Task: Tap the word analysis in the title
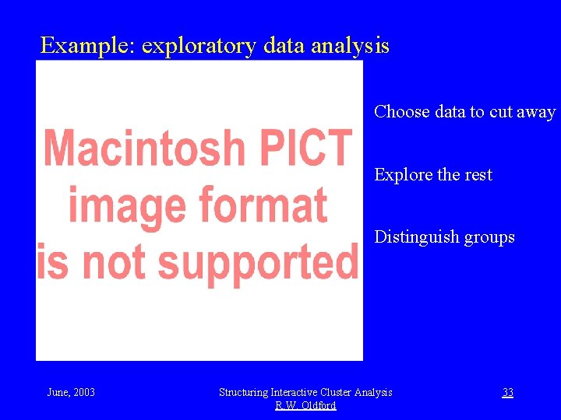pos(350,47)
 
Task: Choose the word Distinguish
pos(417,237)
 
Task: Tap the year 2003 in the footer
pos(83,392)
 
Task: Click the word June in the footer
pos(57,392)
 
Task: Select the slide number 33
pos(507,392)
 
